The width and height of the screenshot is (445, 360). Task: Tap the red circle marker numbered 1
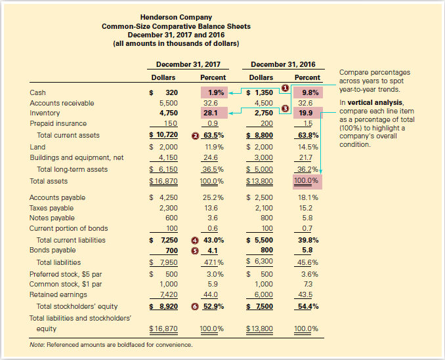[x=285, y=87]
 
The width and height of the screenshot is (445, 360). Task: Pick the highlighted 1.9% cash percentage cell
[x=215, y=92]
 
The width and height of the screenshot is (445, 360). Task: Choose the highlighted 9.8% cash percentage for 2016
[x=310, y=92]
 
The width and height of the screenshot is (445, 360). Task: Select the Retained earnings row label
[x=55, y=295]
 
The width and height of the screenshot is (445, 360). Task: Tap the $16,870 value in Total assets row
[x=163, y=181]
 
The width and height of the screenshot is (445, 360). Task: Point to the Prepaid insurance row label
[x=58, y=123]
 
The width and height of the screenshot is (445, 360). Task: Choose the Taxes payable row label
[x=52, y=208]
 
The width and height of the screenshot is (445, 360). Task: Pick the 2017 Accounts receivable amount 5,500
[x=169, y=103]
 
